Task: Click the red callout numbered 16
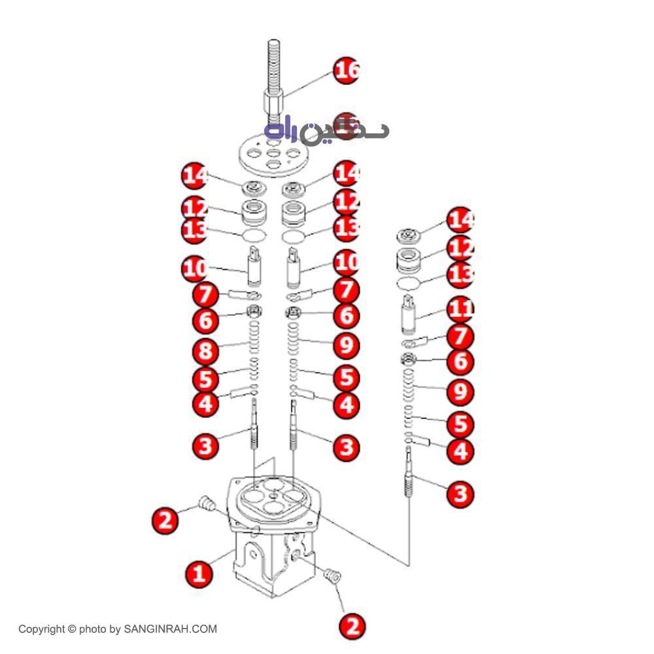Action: [347, 70]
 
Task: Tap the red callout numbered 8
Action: [205, 350]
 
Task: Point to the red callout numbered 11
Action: [461, 309]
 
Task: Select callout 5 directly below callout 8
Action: [205, 378]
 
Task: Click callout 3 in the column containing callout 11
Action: [460, 493]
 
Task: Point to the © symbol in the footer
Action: [71, 630]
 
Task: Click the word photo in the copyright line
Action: [92, 630]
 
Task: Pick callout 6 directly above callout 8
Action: [205, 320]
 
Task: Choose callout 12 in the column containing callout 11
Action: [461, 248]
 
